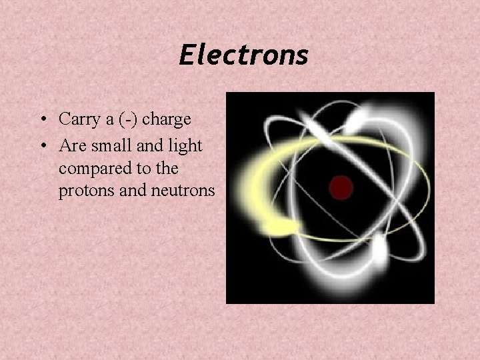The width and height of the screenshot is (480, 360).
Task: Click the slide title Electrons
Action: (x=243, y=55)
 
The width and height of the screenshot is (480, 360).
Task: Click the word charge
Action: (x=167, y=119)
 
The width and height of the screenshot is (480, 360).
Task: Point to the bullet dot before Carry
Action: (x=41, y=120)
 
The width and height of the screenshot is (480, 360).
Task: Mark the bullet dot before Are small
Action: (x=41, y=145)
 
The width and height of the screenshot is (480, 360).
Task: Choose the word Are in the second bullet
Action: (x=71, y=144)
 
